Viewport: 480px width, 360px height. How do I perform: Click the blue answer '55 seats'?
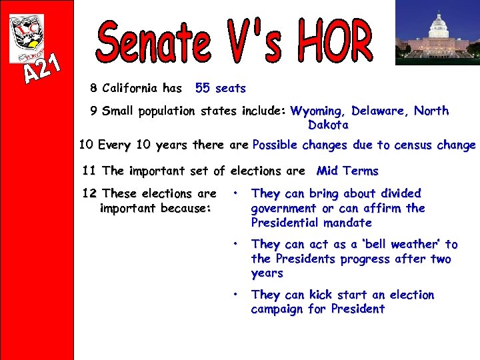(x=220, y=88)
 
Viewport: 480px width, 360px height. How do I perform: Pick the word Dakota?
(x=327, y=125)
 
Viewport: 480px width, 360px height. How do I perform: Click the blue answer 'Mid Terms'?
(x=347, y=171)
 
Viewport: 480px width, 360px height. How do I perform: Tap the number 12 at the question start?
(x=89, y=193)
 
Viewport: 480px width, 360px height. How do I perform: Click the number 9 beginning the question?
(x=93, y=111)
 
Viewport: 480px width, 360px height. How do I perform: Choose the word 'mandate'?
(x=345, y=223)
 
